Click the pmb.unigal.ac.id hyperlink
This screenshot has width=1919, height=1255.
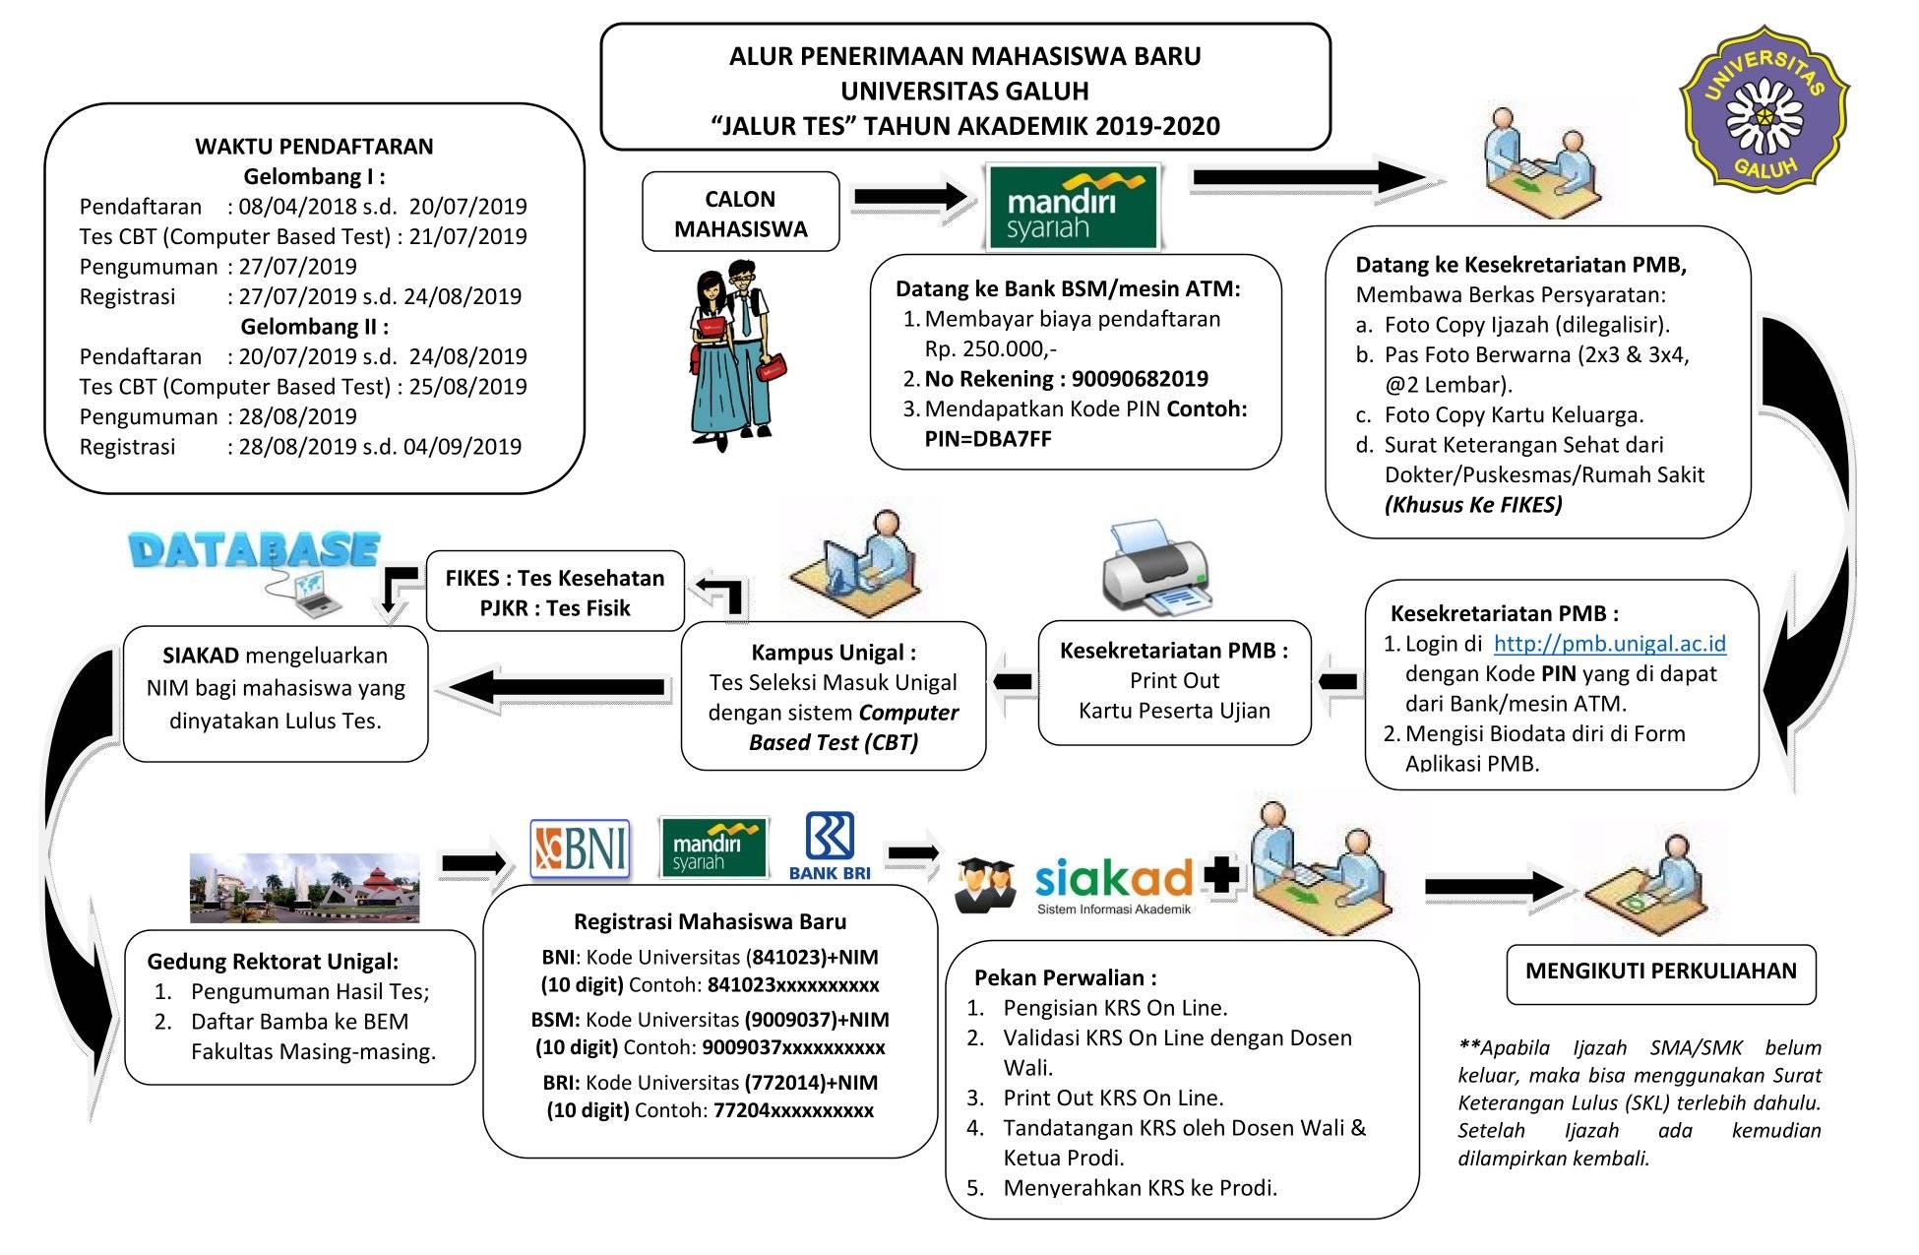[x=1609, y=644]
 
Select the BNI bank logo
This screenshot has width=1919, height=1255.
[x=581, y=848]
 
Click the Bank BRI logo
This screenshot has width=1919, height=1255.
[x=830, y=846]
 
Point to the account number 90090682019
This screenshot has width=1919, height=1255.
[x=1140, y=379]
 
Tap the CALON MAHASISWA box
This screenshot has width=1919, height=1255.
[x=740, y=213]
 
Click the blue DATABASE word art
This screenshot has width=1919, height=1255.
[x=254, y=550]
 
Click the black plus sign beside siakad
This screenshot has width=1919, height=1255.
[x=1221, y=875]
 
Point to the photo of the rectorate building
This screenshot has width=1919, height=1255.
[x=304, y=887]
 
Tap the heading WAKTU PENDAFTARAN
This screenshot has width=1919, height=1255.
[x=314, y=147]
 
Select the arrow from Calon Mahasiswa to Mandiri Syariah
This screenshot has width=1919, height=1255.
[x=912, y=197]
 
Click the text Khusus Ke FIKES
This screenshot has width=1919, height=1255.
[x=1473, y=505]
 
